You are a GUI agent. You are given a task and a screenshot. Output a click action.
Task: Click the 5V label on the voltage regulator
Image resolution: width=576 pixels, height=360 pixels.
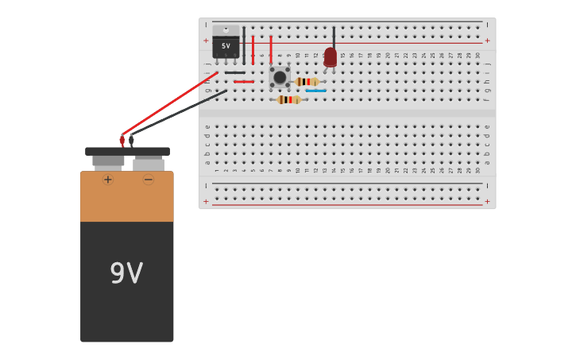226,46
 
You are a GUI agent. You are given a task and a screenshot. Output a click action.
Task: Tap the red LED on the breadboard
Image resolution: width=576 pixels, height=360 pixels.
331,57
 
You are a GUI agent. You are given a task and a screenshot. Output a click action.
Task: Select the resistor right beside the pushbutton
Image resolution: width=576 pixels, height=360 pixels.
307,82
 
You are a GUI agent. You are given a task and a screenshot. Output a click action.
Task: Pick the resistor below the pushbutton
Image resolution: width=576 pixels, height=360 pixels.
288,100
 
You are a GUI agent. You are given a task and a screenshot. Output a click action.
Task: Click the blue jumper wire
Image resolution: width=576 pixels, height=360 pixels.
316,91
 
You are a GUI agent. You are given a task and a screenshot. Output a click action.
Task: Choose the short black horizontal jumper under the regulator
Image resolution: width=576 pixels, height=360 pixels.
234,73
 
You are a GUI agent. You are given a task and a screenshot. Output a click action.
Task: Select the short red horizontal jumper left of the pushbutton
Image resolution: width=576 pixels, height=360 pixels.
244,82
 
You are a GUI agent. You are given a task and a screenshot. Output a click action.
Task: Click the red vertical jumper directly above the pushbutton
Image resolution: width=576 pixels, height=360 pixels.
271,49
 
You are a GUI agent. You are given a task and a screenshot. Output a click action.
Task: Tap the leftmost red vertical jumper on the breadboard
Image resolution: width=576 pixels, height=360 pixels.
253,49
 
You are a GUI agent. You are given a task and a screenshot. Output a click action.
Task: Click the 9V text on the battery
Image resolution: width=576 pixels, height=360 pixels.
126,273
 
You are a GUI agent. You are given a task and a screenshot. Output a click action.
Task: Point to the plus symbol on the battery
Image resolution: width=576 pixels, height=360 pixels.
108,180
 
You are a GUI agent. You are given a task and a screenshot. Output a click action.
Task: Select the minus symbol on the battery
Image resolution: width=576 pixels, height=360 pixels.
149,180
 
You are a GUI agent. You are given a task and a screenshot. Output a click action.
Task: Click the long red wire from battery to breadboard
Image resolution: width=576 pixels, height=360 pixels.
171,103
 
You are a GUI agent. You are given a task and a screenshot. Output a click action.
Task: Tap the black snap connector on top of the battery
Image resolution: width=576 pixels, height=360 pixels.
127,151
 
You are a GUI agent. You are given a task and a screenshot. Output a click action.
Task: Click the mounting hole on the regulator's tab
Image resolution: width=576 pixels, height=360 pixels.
226,30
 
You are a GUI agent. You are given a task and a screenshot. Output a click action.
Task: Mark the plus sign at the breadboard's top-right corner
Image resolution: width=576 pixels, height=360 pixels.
487,41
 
